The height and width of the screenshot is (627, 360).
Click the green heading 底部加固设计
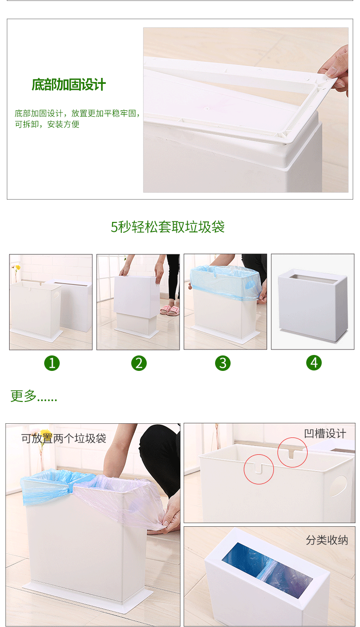(69, 85)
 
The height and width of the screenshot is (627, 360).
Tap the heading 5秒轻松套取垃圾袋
(168, 227)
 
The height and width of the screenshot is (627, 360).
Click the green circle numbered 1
(52, 363)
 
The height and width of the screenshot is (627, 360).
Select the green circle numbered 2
(139, 363)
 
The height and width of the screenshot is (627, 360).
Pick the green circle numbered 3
(223, 363)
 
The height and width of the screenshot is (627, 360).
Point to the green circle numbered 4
(314, 363)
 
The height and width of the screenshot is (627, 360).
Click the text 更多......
(24, 396)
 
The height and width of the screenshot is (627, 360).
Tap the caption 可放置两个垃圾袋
(64, 438)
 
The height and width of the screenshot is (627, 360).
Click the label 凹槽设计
(325, 434)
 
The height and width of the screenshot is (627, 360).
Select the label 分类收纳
(327, 540)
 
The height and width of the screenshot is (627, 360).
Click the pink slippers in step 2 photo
(170, 310)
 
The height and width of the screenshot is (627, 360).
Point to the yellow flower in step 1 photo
(17, 267)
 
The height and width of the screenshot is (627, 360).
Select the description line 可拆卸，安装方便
(47, 124)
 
